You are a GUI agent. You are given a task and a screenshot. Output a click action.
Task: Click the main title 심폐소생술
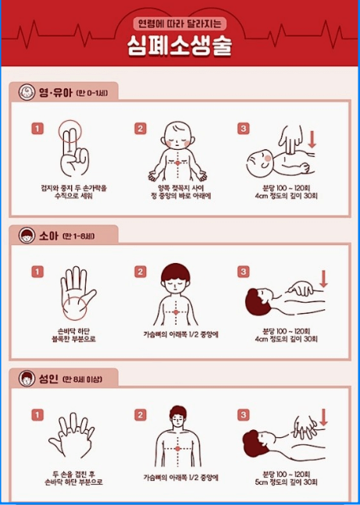point(180,45)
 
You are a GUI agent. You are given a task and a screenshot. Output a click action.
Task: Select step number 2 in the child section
point(141,272)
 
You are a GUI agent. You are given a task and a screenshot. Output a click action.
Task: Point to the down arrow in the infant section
point(312,140)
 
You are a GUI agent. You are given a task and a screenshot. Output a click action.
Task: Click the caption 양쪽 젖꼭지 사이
point(179,187)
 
